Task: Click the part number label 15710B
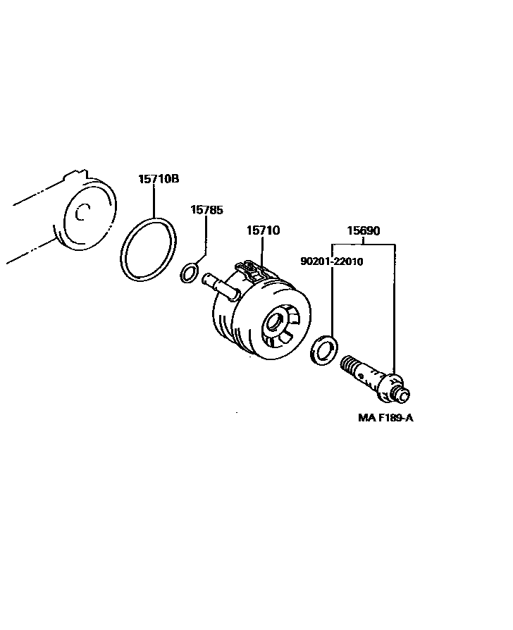(x=158, y=179)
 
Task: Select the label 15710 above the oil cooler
(x=263, y=230)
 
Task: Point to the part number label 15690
(x=364, y=230)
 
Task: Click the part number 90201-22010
(x=331, y=261)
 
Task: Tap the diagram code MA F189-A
(x=385, y=418)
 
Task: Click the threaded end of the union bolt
(x=349, y=366)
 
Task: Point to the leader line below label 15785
(x=205, y=236)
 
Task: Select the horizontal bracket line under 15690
(x=364, y=243)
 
